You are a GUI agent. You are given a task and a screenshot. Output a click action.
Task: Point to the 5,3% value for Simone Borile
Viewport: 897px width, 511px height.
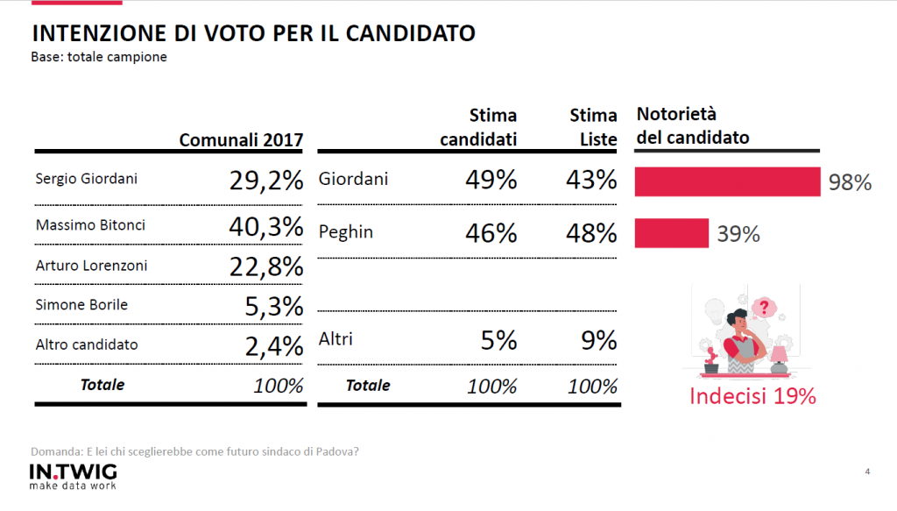272,307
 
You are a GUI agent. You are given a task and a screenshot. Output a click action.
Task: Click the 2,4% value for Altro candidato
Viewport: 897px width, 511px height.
272,346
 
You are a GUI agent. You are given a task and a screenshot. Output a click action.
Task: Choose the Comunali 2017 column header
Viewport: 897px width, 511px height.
241,140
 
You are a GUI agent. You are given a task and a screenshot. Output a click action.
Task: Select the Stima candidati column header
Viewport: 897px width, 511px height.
478,127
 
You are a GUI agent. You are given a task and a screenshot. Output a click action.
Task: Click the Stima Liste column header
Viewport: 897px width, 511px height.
593,127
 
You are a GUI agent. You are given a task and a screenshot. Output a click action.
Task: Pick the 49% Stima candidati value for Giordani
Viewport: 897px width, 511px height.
491,181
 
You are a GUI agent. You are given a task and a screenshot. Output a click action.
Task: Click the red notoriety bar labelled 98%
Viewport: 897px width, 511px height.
727,181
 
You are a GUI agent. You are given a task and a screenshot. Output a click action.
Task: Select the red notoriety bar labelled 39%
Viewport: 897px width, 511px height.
671,233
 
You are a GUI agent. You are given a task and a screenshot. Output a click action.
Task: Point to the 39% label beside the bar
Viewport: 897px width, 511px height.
738,234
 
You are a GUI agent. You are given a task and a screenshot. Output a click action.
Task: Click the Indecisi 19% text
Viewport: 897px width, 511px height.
752,396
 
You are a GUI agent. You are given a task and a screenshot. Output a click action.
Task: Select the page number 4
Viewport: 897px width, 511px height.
867,472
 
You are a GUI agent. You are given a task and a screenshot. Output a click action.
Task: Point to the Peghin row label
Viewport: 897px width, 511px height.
346,232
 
